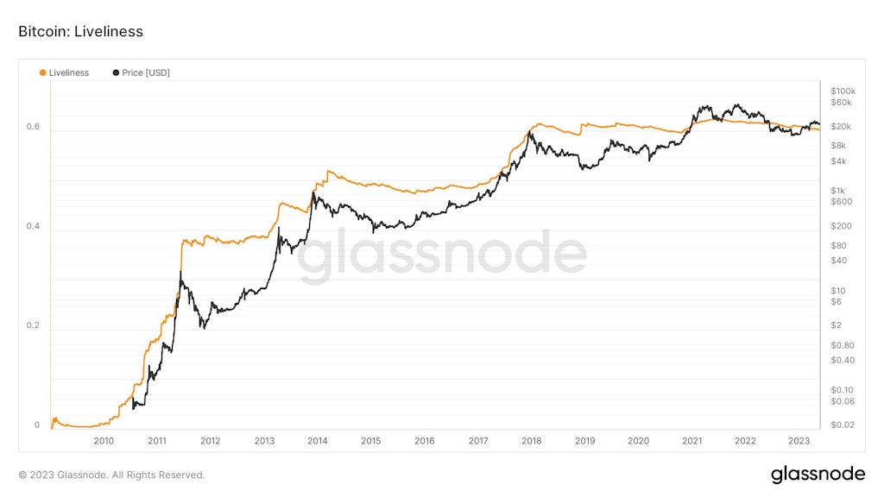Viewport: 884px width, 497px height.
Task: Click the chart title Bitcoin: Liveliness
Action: [80, 32]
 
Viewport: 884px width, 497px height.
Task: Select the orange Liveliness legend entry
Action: [65, 73]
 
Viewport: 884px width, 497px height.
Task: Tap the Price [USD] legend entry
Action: [142, 73]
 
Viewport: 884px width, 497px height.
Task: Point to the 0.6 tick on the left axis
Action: [33, 127]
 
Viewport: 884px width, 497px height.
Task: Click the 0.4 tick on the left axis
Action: [33, 227]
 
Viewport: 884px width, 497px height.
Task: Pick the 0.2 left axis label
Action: [33, 326]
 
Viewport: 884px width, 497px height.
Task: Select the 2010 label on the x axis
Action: [104, 441]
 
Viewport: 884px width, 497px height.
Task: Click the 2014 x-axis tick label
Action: [317, 441]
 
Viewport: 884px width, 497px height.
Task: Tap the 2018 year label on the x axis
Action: [531, 441]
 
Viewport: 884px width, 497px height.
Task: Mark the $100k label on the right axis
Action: [843, 91]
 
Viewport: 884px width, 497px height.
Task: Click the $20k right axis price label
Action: [841, 127]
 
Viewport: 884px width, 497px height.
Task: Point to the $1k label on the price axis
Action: [838, 191]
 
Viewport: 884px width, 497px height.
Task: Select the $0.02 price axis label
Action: [842, 425]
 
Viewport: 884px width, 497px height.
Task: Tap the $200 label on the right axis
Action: [840, 226]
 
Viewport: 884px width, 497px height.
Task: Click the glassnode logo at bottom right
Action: [818, 474]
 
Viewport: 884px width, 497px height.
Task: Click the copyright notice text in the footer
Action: [111, 475]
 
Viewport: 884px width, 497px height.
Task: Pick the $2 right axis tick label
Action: [836, 325]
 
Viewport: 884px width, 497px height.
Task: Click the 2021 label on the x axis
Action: [691, 441]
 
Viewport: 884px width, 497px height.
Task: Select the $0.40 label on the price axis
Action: [842, 360]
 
